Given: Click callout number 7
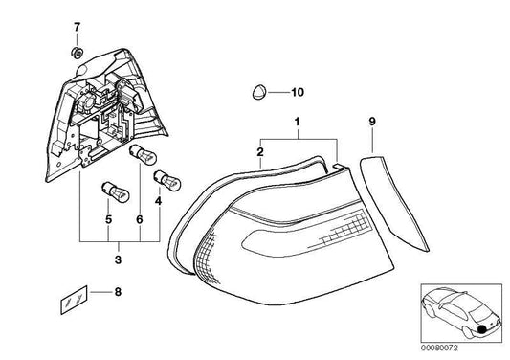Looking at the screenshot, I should point(78,24).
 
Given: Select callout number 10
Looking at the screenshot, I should point(296,92).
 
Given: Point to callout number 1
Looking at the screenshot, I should point(297,123).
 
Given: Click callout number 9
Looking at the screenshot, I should point(373,123).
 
